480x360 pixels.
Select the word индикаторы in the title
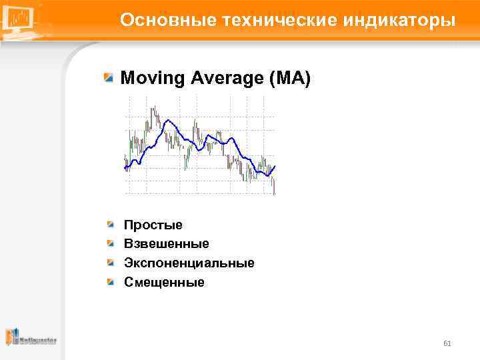399,20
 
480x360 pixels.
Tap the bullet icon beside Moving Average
109,78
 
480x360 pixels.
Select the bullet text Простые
153,225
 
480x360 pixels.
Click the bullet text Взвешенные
166,244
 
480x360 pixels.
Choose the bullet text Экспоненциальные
189,263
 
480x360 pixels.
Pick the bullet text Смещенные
164,282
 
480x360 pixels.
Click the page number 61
447,343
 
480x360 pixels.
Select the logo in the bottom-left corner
31,338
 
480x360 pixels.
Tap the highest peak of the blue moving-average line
167,120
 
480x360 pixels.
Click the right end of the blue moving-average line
275,166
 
